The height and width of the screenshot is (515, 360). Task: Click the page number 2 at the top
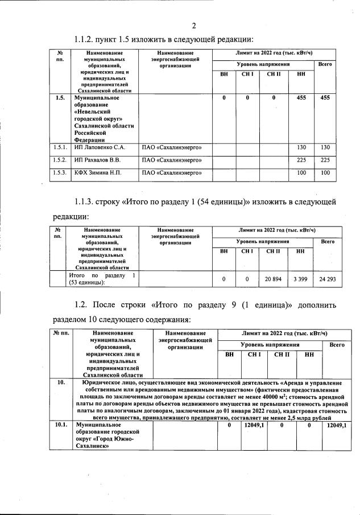(x=193, y=26)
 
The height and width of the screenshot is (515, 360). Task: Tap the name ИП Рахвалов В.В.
(x=97, y=160)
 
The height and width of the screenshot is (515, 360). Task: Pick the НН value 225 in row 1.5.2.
(x=301, y=160)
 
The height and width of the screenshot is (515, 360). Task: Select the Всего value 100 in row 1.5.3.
(x=325, y=173)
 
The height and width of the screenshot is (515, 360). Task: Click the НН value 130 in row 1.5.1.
(x=301, y=148)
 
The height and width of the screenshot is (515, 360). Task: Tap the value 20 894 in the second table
(x=273, y=279)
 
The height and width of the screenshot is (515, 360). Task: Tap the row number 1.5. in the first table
(x=60, y=98)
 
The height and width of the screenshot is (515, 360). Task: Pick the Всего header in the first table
(x=325, y=64)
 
